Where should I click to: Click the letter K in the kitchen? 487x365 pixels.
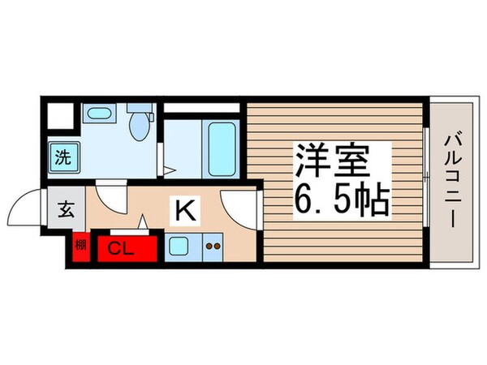183,211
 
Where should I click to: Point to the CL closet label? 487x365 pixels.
121,249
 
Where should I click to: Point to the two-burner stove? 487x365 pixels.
213,246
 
